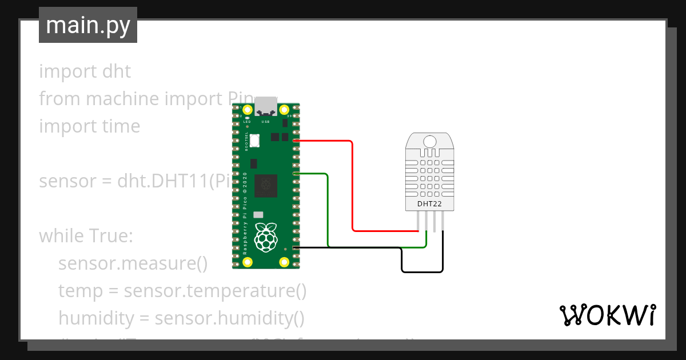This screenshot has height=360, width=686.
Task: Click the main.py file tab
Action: pyautogui.click(x=87, y=26)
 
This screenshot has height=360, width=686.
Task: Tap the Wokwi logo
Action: pyautogui.click(x=607, y=315)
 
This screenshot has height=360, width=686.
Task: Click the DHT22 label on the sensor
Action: pyautogui.click(x=429, y=203)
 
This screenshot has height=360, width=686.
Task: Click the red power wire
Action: pyautogui.click(x=352, y=189)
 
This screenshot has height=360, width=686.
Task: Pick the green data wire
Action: pyautogui.click(x=328, y=211)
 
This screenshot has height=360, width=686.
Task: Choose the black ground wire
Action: pyautogui.click(x=349, y=247)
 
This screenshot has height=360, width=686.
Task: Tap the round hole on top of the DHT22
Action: pyautogui.click(x=429, y=141)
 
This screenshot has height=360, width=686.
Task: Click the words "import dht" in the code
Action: pyautogui.click(x=85, y=71)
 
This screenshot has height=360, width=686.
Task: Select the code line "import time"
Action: pyautogui.click(x=89, y=126)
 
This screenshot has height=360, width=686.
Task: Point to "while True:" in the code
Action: pyautogui.click(x=86, y=235)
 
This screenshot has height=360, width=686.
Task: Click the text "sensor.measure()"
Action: pyautogui.click(x=133, y=263)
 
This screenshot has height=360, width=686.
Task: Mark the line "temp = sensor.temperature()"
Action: pyautogui.click(x=182, y=291)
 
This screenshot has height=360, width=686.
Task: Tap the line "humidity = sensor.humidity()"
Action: pyautogui.click(x=181, y=318)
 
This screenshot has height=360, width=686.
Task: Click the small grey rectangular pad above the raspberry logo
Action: pyautogui.click(x=258, y=215)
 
